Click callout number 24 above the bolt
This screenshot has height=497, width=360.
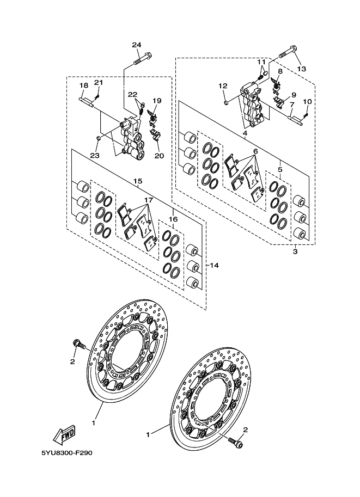pos(137,45)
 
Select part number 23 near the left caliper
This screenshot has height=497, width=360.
pos(95,155)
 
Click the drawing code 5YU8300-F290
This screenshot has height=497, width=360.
pos(66,453)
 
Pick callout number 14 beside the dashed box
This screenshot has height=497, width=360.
pos(215,265)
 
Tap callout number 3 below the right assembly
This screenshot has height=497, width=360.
pos(295,252)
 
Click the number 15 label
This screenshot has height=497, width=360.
pos(138,181)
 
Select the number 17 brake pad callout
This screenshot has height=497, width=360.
pos(149,200)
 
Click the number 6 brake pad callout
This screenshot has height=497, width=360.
pos(255,151)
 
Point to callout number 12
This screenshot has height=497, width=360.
pos(223,85)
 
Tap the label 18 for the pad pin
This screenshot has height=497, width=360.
pos(84,85)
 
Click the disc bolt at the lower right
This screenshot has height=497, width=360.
pos(235,442)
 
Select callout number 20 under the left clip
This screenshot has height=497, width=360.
pos(159,156)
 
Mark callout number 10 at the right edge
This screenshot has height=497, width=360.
pos(307,102)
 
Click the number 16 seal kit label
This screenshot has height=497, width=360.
pos(173,219)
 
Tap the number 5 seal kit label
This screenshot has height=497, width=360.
pos(280,170)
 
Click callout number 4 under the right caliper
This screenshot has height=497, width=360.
pos(245,133)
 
